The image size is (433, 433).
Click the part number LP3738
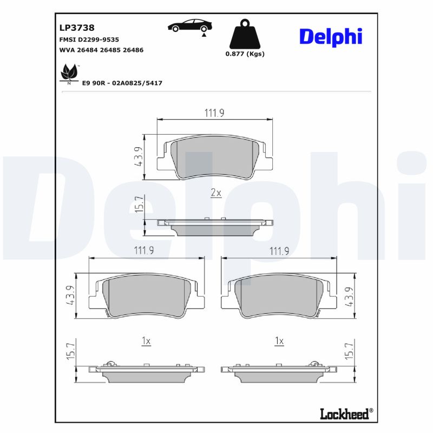coord(77,28)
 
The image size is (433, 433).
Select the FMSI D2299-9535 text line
coord(89,40)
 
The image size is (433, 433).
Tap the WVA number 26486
coord(133,50)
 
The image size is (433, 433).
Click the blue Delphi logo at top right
coord(331,37)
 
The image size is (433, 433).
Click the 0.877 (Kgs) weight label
coord(245,54)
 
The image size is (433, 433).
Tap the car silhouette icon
coord(190,26)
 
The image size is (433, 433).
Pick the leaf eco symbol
coord(69,73)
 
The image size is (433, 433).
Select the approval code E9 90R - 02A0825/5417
coord(122,83)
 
